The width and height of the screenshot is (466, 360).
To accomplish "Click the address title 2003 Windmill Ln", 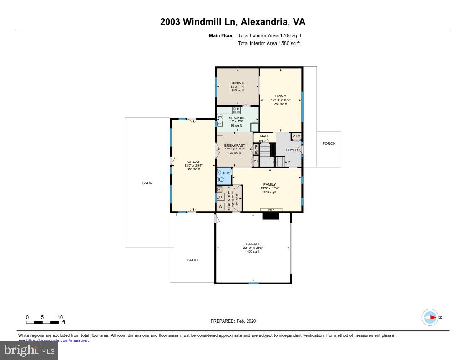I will coord(233,22).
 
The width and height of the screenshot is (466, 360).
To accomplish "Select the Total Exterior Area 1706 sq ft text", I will coord(269,35).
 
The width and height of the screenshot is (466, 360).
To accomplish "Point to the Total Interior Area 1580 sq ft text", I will coord(268,44).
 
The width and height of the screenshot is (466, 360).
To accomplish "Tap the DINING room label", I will coord(238,83).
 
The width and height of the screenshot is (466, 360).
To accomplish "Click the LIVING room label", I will coord(280,96).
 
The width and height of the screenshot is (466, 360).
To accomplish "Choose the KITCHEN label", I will coord(237,118).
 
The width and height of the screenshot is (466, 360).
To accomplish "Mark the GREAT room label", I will coord(193,162).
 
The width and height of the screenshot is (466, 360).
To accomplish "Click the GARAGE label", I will coord(253,244).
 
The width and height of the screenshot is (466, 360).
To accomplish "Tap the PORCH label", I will coord(329,144).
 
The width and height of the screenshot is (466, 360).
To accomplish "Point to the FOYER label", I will coord(291,150).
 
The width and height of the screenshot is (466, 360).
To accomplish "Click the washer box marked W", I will coord(220,206).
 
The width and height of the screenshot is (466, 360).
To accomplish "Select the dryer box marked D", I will coord(220,197).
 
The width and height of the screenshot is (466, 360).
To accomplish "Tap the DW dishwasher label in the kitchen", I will coord(219,117).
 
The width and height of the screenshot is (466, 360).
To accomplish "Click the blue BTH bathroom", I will coord(224,176).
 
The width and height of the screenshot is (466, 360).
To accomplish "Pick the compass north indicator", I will coord(430,317).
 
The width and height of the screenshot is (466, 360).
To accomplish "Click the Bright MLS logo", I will coord(29,350).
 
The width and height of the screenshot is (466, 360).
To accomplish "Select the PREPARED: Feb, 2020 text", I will coord(233,321).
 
